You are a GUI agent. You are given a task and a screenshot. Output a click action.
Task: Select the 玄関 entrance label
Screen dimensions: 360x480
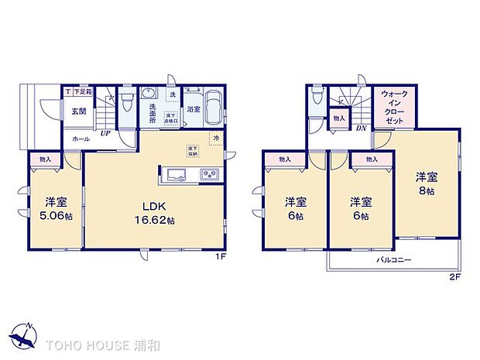[x=79, y=111]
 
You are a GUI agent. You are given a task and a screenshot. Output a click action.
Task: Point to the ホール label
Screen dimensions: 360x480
[x=80, y=138]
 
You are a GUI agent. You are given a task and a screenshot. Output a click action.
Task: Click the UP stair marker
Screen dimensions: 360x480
[x=104, y=132]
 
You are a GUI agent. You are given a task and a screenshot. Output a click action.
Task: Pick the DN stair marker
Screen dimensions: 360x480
[x=361, y=129]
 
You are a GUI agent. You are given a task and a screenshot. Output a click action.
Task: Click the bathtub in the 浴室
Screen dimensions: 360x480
[x=214, y=103]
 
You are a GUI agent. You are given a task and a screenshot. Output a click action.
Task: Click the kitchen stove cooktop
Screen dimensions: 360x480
[x=210, y=174]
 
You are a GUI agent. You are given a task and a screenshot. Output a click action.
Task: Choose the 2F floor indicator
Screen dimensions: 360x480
[x=455, y=276]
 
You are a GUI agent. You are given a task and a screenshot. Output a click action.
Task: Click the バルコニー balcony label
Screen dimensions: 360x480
[x=394, y=261]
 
